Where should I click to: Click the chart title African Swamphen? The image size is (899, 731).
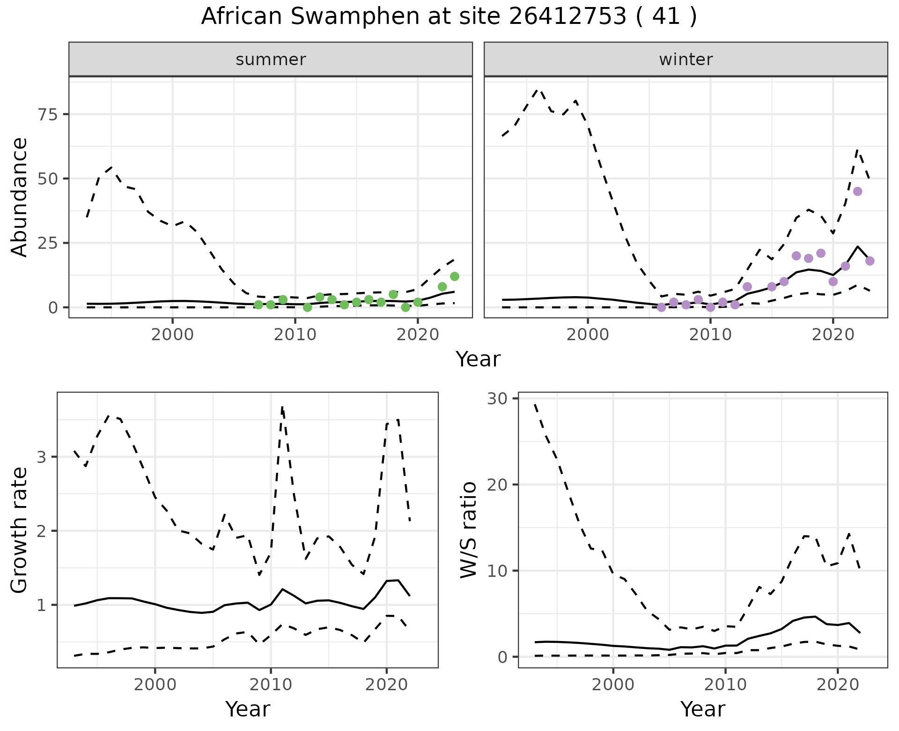(449, 17)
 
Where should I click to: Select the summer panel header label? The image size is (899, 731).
(271, 60)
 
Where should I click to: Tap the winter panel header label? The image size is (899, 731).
(685, 60)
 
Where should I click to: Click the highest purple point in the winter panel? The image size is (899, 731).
(857, 191)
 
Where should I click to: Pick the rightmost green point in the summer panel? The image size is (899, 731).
(454, 276)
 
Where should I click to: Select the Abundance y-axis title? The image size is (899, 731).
(20, 197)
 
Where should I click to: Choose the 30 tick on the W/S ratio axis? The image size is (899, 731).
(498, 398)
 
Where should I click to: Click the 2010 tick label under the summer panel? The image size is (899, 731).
(295, 335)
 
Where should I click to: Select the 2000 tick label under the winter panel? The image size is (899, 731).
(588, 335)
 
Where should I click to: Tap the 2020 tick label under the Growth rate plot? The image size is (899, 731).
(386, 685)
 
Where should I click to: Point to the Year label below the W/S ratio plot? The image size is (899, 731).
(702, 709)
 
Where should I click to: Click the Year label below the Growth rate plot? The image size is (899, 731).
(247, 709)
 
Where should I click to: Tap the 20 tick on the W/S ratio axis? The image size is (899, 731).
(498, 485)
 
